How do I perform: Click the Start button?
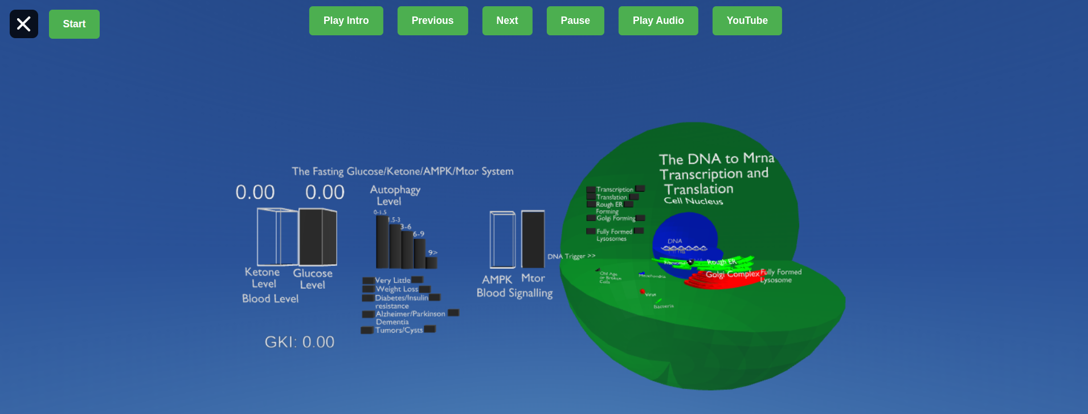pyautogui.click(x=74, y=24)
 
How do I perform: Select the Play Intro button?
pyautogui.click(x=346, y=21)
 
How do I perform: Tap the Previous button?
pyautogui.click(x=432, y=21)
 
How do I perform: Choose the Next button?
pyautogui.click(x=507, y=21)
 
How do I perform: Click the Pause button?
pyautogui.click(x=575, y=21)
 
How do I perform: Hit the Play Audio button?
pyautogui.click(x=658, y=21)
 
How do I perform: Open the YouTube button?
pyautogui.click(x=747, y=21)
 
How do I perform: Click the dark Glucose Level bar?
pyautogui.click(x=317, y=237)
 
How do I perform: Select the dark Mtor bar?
pyautogui.click(x=533, y=239)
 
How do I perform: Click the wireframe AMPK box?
pyautogui.click(x=502, y=239)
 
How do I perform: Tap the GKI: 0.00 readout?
pyautogui.click(x=299, y=342)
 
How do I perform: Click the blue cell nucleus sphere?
pyautogui.click(x=684, y=231)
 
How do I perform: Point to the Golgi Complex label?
pyautogui.click(x=732, y=274)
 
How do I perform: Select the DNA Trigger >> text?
pyautogui.click(x=571, y=256)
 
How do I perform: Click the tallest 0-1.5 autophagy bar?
pyautogui.click(x=382, y=242)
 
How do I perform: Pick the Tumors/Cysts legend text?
pyautogui.click(x=399, y=330)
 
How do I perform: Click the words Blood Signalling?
pyautogui.click(x=514, y=293)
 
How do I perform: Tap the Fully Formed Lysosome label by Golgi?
pyautogui.click(x=780, y=276)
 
